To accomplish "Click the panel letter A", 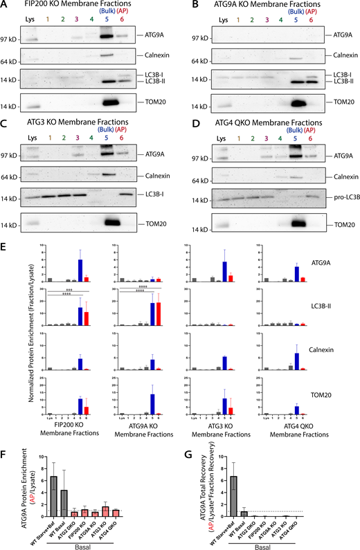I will coord(6,6).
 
